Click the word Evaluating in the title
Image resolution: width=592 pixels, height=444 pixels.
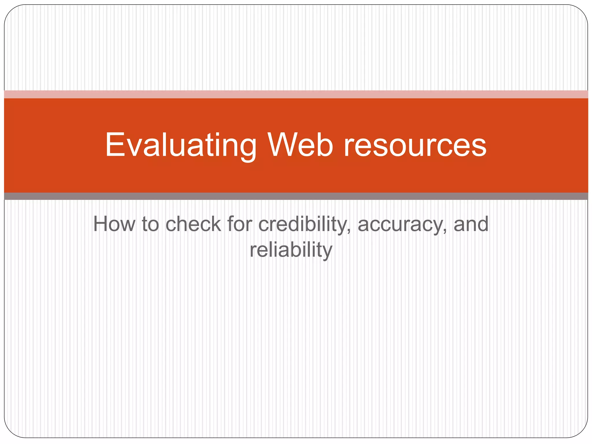181,145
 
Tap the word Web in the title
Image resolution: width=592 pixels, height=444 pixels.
300,145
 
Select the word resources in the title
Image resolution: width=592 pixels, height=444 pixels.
415,145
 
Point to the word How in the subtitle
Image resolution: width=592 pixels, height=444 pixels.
114,224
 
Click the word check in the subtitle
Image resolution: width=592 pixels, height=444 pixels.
193,224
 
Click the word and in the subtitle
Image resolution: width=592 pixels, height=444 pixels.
471,224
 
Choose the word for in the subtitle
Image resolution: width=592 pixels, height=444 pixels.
240,224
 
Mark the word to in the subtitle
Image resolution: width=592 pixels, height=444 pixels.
150,224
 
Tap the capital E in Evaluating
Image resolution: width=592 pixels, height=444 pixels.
115,145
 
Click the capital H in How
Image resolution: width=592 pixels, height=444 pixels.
101,224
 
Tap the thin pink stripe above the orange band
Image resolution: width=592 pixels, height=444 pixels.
296,94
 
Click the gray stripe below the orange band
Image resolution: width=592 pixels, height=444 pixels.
296,196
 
